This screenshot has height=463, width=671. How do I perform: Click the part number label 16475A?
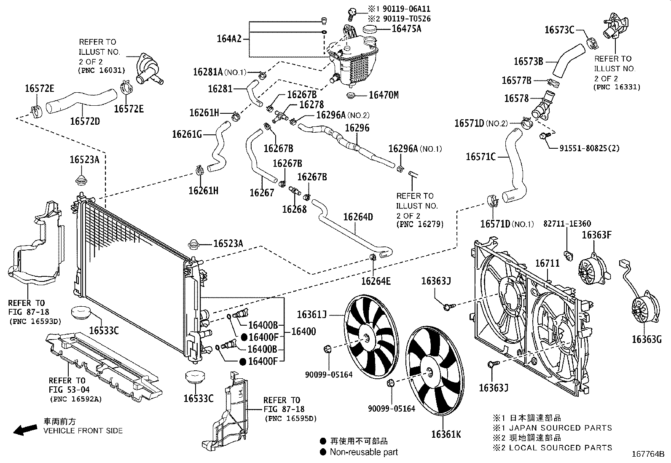coord(406,29)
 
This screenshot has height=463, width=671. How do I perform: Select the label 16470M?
coord(383,95)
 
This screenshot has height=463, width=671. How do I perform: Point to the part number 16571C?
coord(480,157)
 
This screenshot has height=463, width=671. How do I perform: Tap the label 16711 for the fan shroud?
coord(547,263)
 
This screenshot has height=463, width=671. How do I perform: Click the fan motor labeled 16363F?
coord(592,270)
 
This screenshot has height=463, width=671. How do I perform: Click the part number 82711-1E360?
coord(566,224)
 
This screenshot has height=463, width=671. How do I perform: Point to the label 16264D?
coord(358,217)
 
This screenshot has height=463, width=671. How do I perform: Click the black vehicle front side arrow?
coord(24,429)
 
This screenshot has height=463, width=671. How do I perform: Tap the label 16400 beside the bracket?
coord(303,332)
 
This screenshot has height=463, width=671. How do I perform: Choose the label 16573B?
coord(528,61)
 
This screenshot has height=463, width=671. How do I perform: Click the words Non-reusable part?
coord(363,452)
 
